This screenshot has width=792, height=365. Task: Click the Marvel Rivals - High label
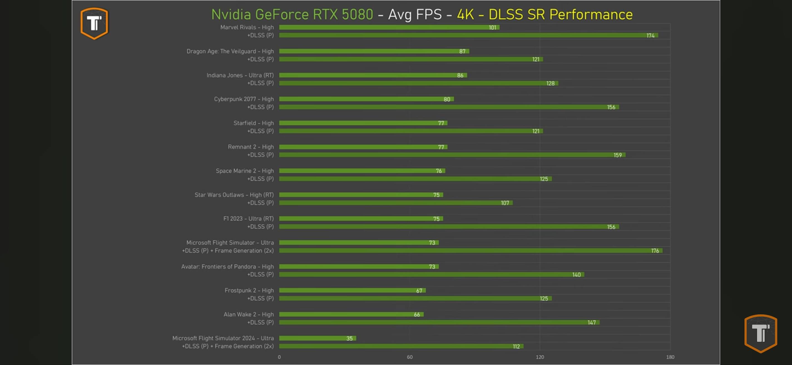pos(247,27)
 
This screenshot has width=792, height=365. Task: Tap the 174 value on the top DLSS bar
pos(650,36)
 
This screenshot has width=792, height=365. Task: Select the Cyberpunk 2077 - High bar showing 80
pos(366,99)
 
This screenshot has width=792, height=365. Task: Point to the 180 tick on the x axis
pos(670,357)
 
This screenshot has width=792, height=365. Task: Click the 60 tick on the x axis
pos(410,357)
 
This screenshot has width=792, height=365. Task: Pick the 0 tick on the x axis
pos(279,357)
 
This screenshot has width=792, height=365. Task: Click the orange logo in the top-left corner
pos(94,23)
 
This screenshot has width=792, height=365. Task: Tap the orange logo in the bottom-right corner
pos(760,333)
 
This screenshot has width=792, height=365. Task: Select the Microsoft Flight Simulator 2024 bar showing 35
pos(317,338)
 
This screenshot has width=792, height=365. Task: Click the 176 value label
pos(655,251)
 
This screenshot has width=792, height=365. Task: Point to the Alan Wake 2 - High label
pos(248,314)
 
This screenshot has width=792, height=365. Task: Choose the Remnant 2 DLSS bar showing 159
pos(452,155)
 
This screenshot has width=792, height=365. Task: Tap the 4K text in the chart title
pos(465,14)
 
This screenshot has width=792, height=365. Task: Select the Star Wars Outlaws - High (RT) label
pos(234,195)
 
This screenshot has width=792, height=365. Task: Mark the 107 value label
pos(505,203)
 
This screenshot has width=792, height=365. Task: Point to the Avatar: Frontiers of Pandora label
pos(227,267)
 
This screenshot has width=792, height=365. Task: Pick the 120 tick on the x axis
pos(540,357)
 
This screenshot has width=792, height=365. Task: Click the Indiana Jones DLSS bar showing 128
pos(418,83)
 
